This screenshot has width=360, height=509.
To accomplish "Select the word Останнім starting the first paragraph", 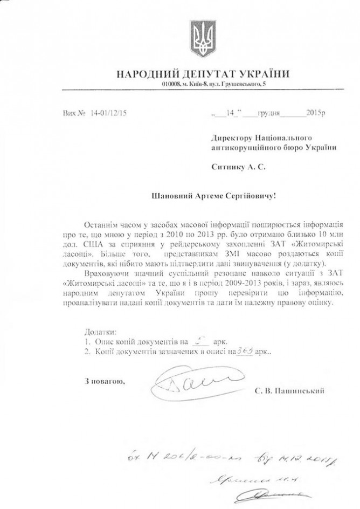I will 101,223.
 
